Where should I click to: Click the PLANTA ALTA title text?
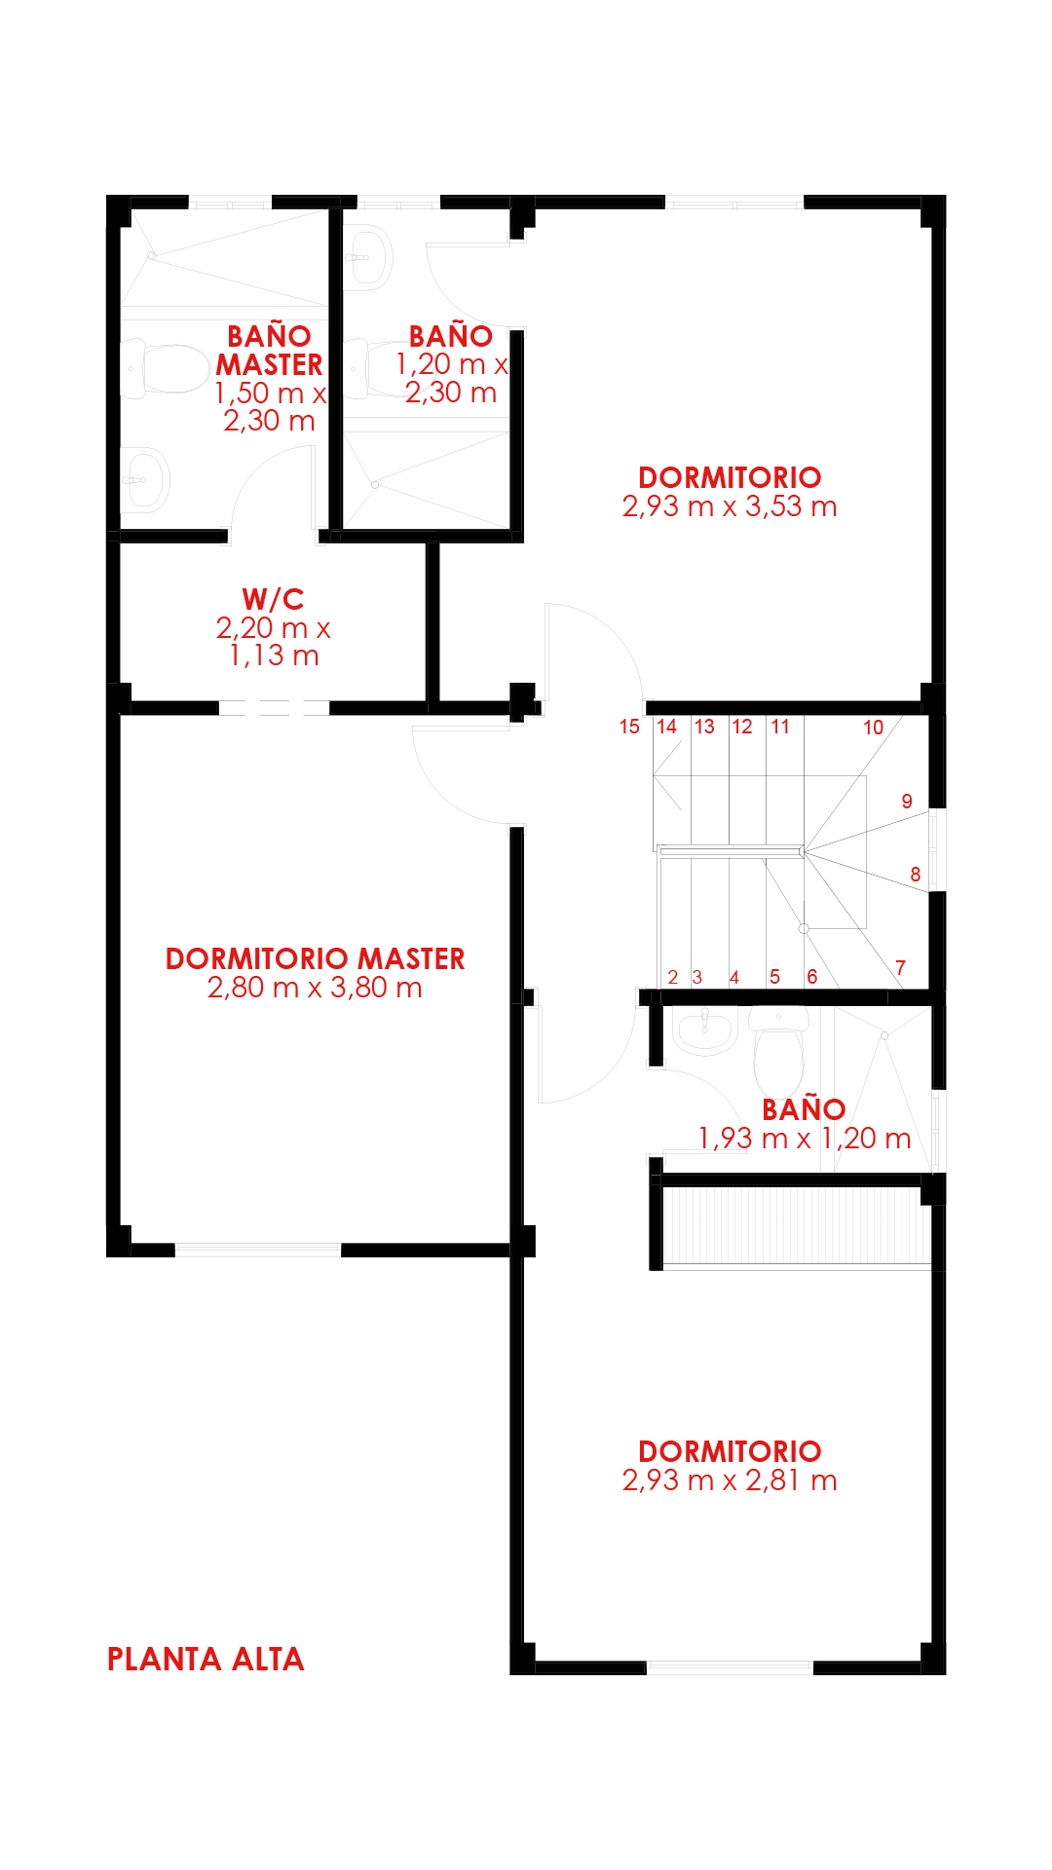206,1659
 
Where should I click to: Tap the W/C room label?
273,598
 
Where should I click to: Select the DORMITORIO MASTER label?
315,958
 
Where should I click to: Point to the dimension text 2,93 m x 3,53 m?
730,506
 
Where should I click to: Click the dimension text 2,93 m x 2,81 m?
730,1480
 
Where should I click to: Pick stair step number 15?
629,727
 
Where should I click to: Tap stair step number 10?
873,728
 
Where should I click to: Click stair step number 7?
901,967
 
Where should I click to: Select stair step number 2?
673,977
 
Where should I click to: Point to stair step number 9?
907,802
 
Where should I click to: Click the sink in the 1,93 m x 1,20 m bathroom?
703,1031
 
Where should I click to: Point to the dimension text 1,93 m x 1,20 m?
805,1139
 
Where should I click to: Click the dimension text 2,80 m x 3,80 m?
315,988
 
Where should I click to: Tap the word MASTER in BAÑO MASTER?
270,364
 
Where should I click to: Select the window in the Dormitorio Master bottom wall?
258,1249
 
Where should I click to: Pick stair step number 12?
742,727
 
